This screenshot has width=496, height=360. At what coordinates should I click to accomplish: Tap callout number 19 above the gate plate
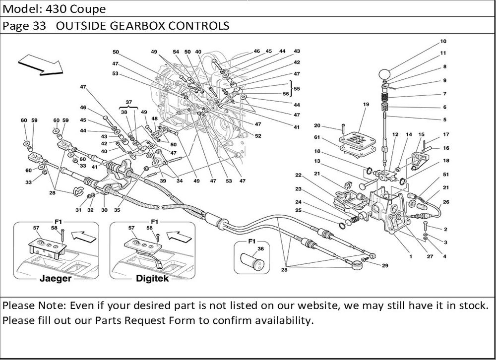pos(366,105)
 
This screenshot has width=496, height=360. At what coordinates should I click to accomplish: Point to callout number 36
pos(261,249)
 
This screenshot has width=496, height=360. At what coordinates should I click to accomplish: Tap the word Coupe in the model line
pos(88,9)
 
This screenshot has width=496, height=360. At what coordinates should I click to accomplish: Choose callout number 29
pos(385,266)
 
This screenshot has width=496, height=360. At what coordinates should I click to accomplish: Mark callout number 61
pos(316,137)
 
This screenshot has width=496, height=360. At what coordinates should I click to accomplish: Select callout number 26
pos(445,201)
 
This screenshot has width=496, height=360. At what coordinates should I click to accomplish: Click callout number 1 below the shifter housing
pos(411,256)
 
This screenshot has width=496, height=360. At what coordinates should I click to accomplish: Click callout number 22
pos(312,175)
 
